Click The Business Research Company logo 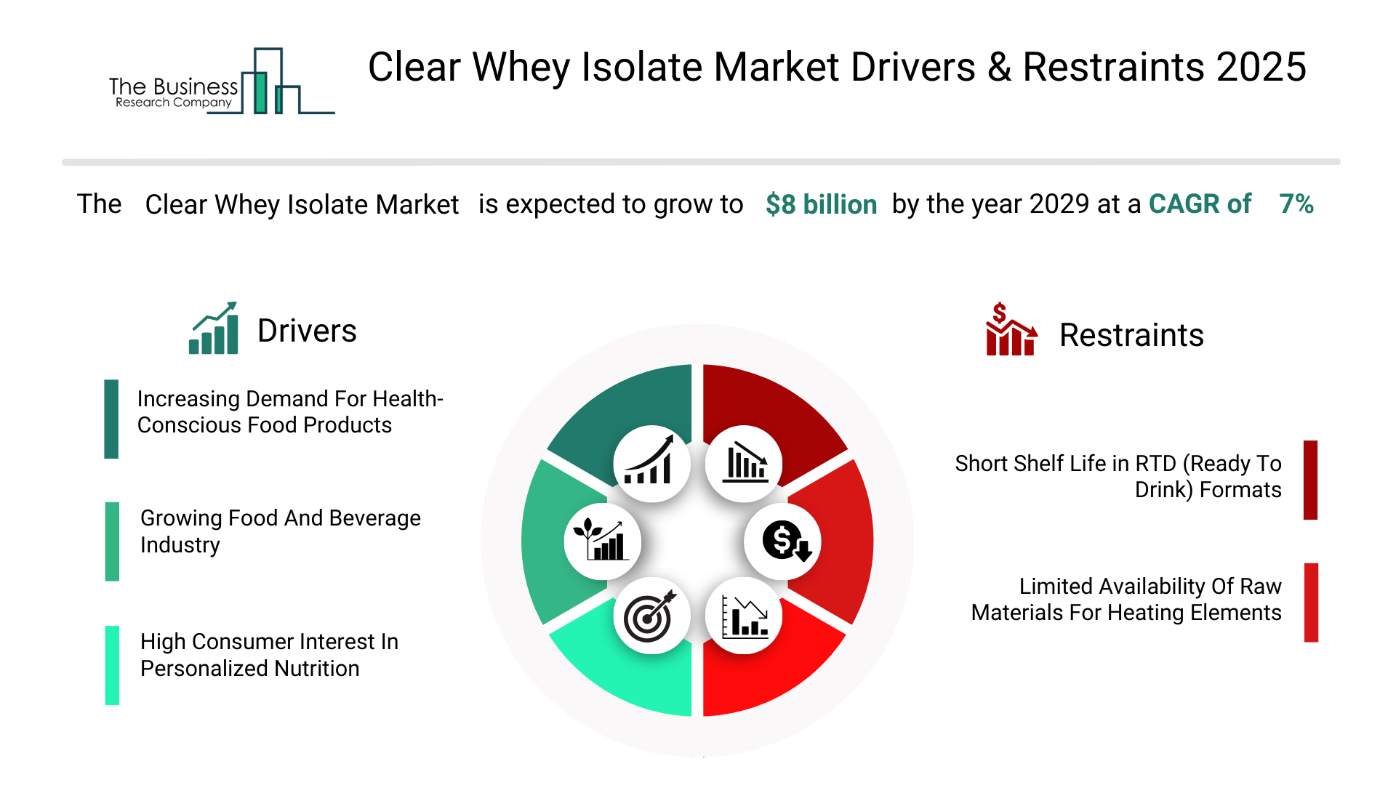pyautogui.click(x=222, y=81)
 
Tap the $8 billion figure pyautogui.click(x=821, y=204)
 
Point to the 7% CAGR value pyautogui.click(x=1296, y=204)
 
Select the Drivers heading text pyautogui.click(x=307, y=331)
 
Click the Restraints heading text pyautogui.click(x=1131, y=335)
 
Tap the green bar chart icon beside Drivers pyautogui.click(x=214, y=328)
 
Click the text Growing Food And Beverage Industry pyautogui.click(x=281, y=531)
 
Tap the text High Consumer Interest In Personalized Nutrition pyautogui.click(x=269, y=655)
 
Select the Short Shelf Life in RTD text pyautogui.click(x=1118, y=476)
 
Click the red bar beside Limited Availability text pyautogui.click(x=1311, y=603)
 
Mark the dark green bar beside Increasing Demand pyautogui.click(x=111, y=419)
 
